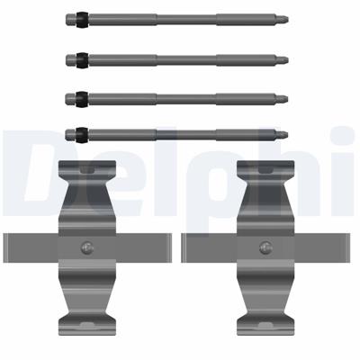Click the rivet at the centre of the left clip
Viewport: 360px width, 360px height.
(x=86, y=247)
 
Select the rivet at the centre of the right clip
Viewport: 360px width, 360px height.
(x=265, y=247)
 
